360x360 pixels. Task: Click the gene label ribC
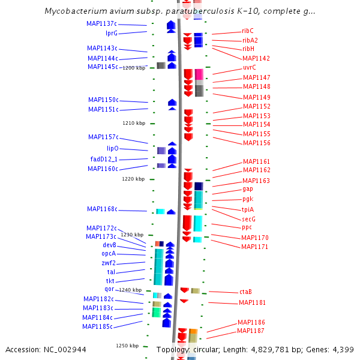click(248, 31)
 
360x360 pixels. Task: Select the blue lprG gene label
click(112, 33)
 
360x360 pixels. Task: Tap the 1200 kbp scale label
click(133, 68)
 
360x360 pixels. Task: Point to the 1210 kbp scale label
click(134, 123)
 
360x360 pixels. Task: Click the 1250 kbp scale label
click(127, 346)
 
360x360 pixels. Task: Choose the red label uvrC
click(249, 68)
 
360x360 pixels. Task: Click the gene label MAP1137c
click(102, 23)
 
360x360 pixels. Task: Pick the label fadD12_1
click(104, 159)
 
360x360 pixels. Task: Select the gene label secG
click(248, 219)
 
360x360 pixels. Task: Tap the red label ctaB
click(245, 292)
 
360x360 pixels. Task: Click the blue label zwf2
click(109, 263)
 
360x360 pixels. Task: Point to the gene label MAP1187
click(251, 331)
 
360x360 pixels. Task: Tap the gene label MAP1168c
click(102, 209)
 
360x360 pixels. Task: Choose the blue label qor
click(109, 289)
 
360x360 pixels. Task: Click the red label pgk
click(248, 199)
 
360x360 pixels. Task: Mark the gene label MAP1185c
click(97, 326)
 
